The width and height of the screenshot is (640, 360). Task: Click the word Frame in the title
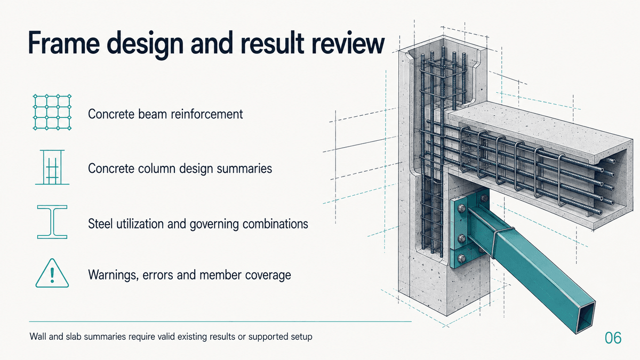coord(63,43)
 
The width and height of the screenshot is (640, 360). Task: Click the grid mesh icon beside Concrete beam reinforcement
coord(52,113)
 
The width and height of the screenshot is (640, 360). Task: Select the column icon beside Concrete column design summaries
coord(52,167)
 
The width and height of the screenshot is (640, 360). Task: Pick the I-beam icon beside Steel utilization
coord(52,222)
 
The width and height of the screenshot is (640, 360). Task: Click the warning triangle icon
coord(52,273)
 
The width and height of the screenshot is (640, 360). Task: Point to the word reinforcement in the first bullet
coord(207,114)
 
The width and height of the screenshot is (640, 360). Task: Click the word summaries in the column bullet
coord(244,169)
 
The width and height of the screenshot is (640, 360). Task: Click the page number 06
coord(613,338)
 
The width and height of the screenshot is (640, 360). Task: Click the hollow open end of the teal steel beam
coord(586,317)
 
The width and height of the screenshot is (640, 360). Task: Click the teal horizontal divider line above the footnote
coord(220,322)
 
